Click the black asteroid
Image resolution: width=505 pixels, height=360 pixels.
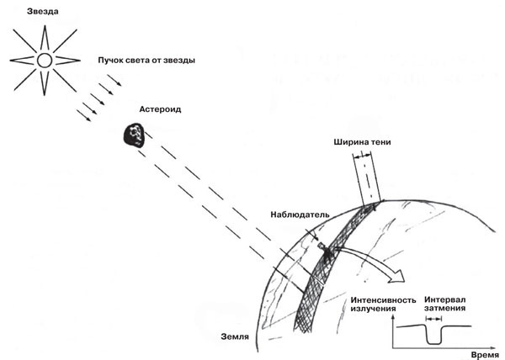tap(132, 132)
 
